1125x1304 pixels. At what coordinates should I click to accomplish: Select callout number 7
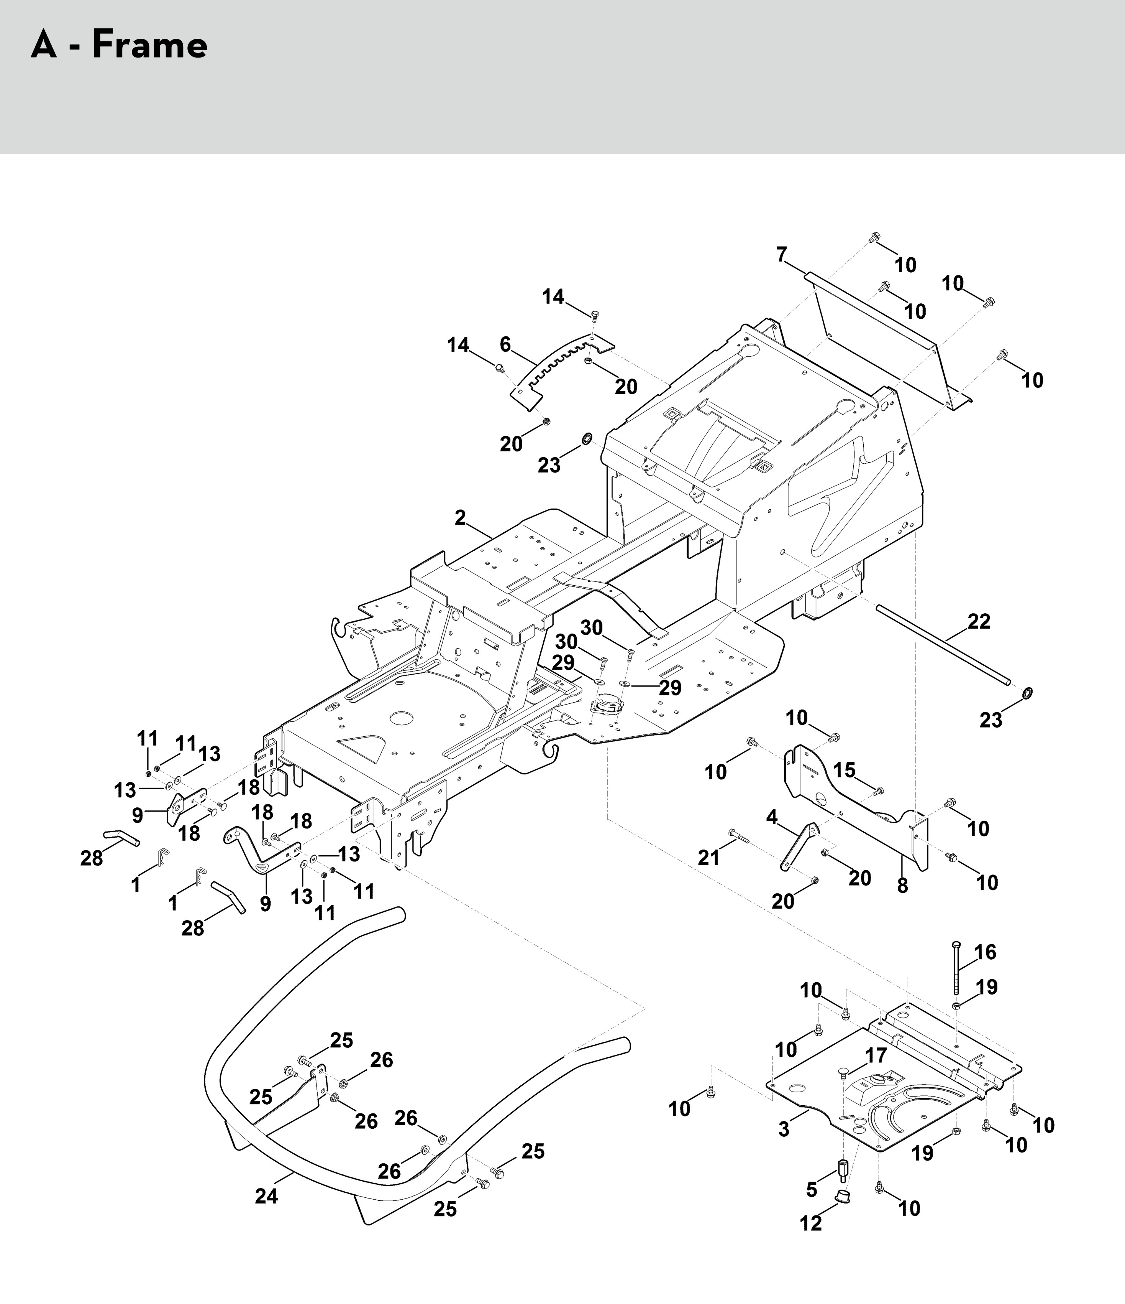point(782,255)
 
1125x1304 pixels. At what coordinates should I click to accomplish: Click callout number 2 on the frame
point(460,517)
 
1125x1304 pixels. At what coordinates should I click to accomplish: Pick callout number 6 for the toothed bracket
point(505,344)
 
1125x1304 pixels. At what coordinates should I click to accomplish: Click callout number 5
point(812,1189)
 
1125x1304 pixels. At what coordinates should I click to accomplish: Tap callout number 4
point(772,818)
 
